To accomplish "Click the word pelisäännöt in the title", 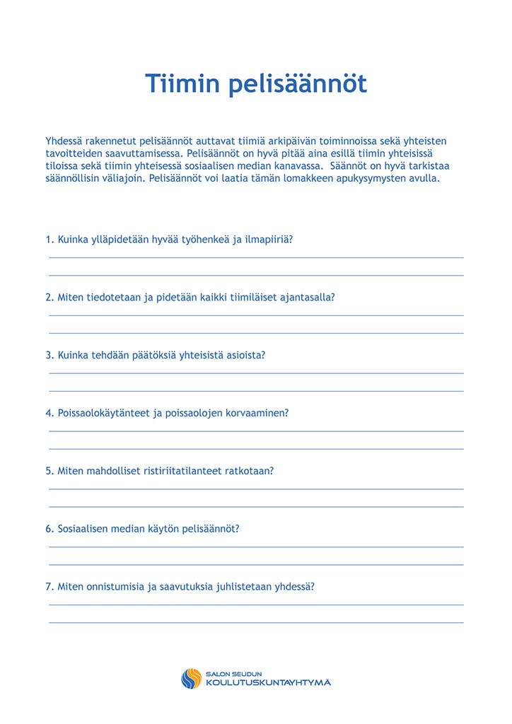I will pyautogui.click(x=297, y=83).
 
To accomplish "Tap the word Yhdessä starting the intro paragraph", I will pyautogui.click(x=64, y=141).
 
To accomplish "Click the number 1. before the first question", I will pyautogui.click(x=50, y=239).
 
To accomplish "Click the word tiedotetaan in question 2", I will pyautogui.click(x=114, y=297).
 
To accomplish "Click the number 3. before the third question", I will pyautogui.click(x=50, y=355).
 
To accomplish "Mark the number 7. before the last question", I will pyautogui.click(x=50, y=587).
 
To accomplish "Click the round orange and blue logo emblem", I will pyautogui.click(x=191, y=679).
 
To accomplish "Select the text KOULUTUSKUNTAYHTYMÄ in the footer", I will pyautogui.click(x=268, y=683).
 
